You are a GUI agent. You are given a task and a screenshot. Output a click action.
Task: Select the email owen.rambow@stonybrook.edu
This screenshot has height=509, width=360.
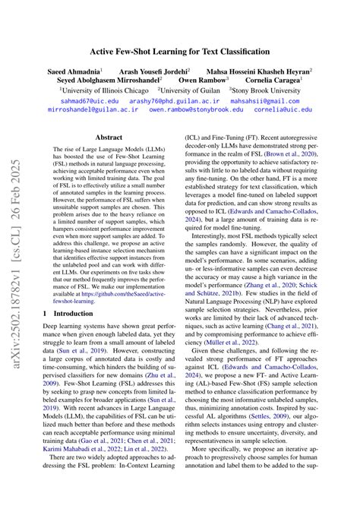197,109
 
